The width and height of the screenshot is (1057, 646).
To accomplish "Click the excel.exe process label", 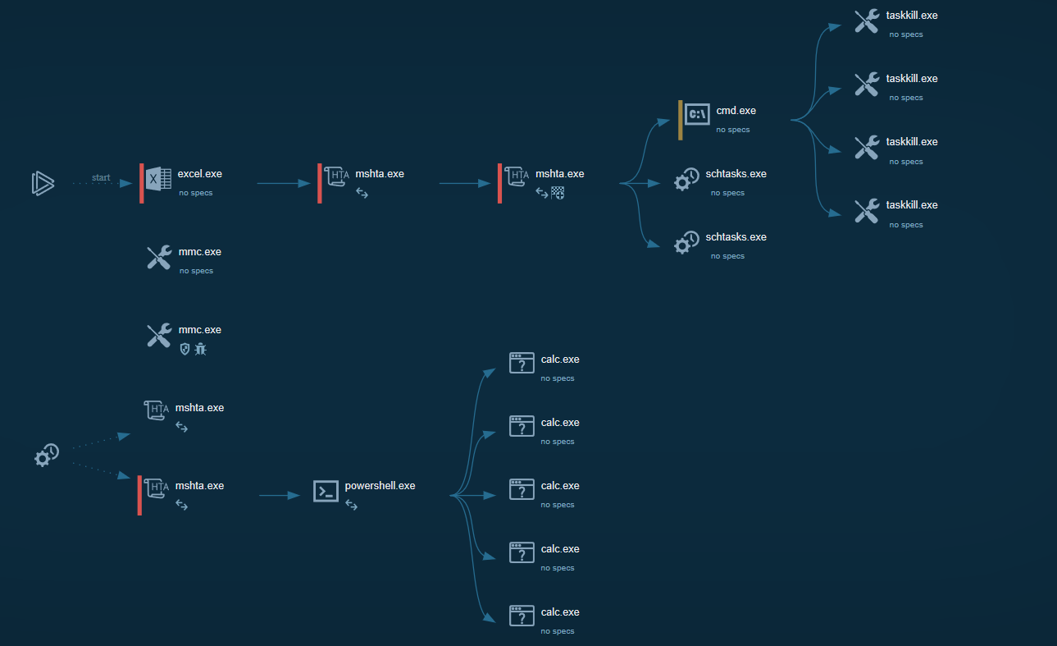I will [x=199, y=174].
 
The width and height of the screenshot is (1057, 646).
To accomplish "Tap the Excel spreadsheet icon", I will [x=158, y=179].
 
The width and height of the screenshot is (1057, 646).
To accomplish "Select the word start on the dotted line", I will [x=101, y=177].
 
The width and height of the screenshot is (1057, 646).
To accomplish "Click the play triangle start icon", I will [x=43, y=183].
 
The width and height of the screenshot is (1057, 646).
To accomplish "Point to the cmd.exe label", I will [x=736, y=111].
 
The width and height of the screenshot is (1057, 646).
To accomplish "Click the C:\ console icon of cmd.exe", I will [x=697, y=115].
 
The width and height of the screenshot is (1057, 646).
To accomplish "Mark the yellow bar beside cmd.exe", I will [x=681, y=120].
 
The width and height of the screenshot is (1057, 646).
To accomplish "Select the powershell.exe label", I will [x=380, y=486].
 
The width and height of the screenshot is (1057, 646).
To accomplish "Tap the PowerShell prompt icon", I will [x=326, y=492].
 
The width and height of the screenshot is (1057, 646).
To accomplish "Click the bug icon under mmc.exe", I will [x=201, y=349].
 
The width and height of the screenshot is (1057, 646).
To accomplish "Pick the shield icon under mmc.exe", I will [x=185, y=349].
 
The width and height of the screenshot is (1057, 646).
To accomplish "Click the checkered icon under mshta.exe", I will [x=558, y=193].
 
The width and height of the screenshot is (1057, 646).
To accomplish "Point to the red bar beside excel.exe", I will [x=141, y=183].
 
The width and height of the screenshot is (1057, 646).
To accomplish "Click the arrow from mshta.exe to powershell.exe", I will [x=279, y=496].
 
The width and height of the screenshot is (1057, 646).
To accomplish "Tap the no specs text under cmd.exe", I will [x=732, y=130].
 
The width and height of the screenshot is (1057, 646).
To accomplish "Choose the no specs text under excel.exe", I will [x=195, y=193].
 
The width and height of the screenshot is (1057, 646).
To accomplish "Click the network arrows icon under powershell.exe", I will [x=351, y=506].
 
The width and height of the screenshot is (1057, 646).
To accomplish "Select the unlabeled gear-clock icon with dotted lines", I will [x=46, y=455].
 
